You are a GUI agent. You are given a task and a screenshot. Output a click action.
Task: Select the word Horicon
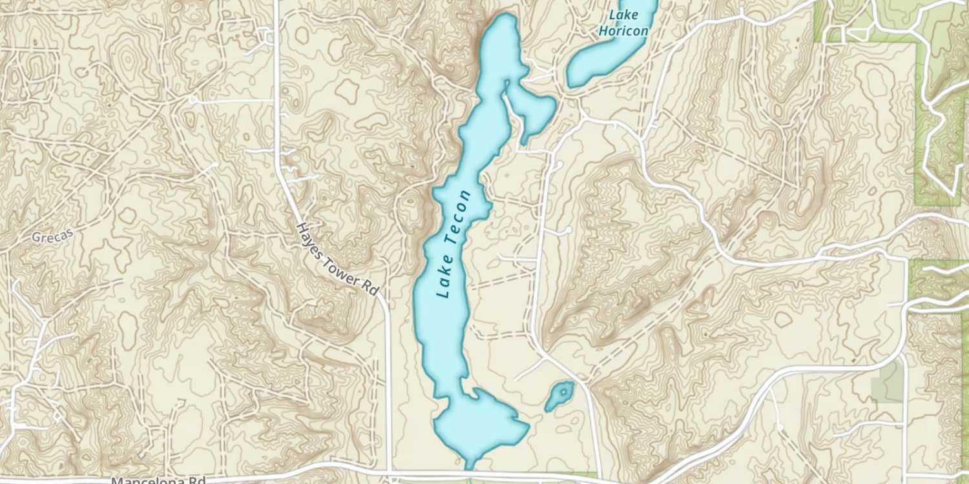(623, 30)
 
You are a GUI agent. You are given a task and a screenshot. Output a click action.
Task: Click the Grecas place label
(49, 237)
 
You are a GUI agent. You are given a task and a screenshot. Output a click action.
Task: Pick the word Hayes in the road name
(309, 240)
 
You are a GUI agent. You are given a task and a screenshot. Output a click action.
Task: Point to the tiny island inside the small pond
(564, 391)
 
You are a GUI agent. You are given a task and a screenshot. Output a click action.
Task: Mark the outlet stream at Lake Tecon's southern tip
(468, 463)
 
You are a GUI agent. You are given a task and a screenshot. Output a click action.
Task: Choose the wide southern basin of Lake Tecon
(478, 423)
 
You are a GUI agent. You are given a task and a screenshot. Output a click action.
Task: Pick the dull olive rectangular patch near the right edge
(887, 381)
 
